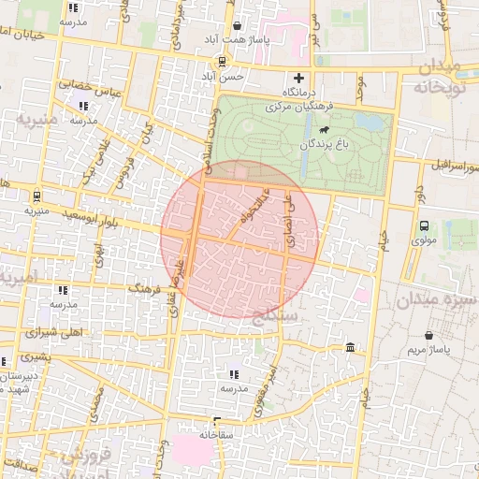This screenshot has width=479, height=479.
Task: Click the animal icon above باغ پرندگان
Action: tap(324, 131)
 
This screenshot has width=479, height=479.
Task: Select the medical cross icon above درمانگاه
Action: tap(298, 78)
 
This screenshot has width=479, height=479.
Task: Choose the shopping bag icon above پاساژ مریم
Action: tap(428, 335)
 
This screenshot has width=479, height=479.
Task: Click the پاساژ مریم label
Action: tap(429, 350)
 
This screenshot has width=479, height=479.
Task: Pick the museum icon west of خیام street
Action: tap(350, 348)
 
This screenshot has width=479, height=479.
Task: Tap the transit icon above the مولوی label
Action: tap(424, 225)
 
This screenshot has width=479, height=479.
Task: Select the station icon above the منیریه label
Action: tap(36, 196)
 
